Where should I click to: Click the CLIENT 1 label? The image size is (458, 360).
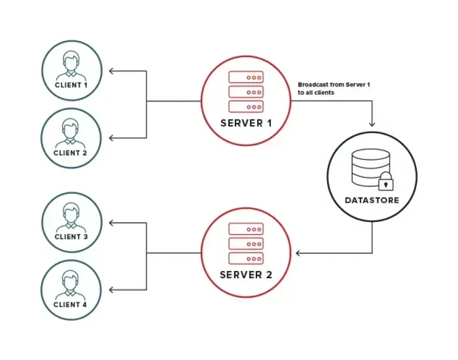pyautogui.click(x=71, y=86)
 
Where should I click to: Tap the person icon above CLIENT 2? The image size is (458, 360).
pyautogui.click(x=71, y=131)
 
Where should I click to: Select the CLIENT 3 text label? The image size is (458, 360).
pyautogui.click(x=71, y=237)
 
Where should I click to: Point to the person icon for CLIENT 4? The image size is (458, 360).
pyautogui.click(x=71, y=283)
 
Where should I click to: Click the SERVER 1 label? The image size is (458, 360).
pyautogui.click(x=246, y=124)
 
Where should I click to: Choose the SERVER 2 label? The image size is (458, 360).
pyautogui.click(x=246, y=274)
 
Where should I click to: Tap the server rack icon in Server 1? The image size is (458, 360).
pyautogui.click(x=246, y=92)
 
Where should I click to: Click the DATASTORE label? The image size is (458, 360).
pyautogui.click(x=372, y=200)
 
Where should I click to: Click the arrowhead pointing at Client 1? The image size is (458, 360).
pyautogui.click(x=111, y=70)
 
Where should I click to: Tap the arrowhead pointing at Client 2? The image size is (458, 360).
pyautogui.click(x=111, y=138)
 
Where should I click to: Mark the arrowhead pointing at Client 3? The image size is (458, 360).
pyautogui.click(x=111, y=223)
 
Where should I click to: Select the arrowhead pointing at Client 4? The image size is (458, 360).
pyautogui.click(x=111, y=290)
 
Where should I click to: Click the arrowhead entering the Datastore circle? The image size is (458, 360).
pyautogui.click(x=372, y=124)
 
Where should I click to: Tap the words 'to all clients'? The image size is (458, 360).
pyautogui.click(x=316, y=93)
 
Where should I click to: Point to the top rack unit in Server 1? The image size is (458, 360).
pyautogui.click(x=246, y=77)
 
